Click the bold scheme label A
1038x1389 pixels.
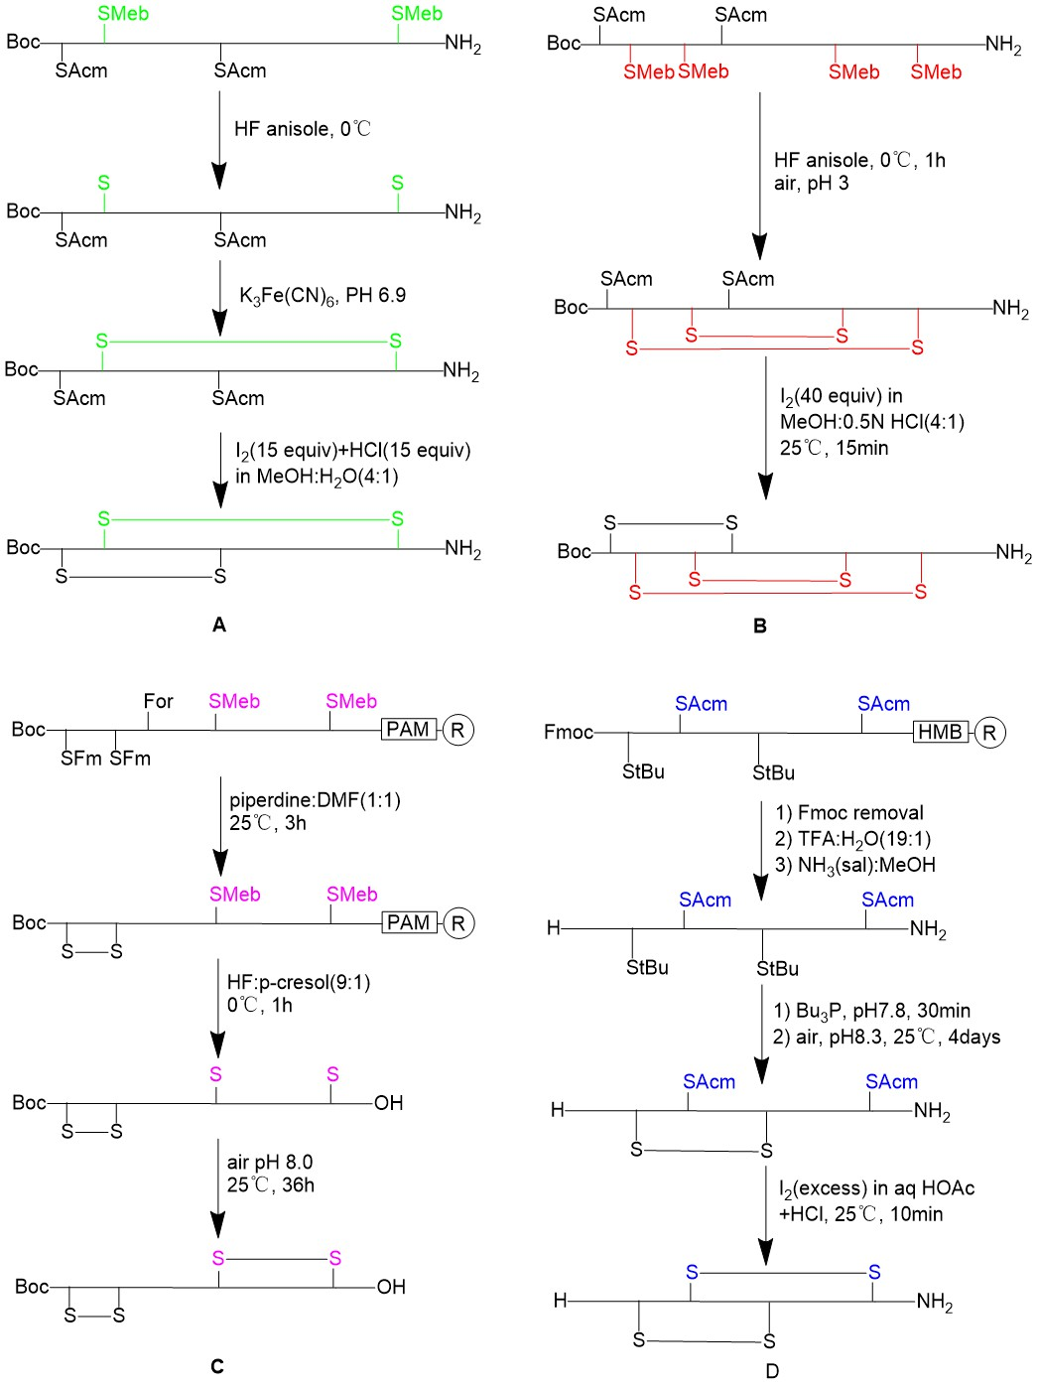(x=219, y=625)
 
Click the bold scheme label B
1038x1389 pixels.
(x=760, y=625)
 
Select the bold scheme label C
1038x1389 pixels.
(x=217, y=1367)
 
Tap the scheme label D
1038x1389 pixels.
(x=772, y=1371)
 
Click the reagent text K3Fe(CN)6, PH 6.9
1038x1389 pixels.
(x=323, y=296)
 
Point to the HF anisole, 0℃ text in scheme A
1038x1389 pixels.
(x=303, y=129)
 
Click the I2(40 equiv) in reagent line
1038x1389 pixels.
(x=842, y=397)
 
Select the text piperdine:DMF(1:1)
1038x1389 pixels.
(x=315, y=800)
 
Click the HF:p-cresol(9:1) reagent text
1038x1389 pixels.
(x=299, y=982)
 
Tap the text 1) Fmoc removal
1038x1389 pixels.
(x=849, y=812)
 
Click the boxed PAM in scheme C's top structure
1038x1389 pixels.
(x=408, y=729)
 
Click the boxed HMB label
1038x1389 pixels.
(x=941, y=732)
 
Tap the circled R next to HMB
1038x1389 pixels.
(x=990, y=732)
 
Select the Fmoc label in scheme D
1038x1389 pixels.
(x=569, y=732)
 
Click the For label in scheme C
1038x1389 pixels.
(x=158, y=701)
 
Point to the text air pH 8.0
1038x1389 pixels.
(x=270, y=1163)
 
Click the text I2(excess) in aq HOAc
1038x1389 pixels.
(x=876, y=1189)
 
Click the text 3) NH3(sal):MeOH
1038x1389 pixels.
(x=855, y=865)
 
